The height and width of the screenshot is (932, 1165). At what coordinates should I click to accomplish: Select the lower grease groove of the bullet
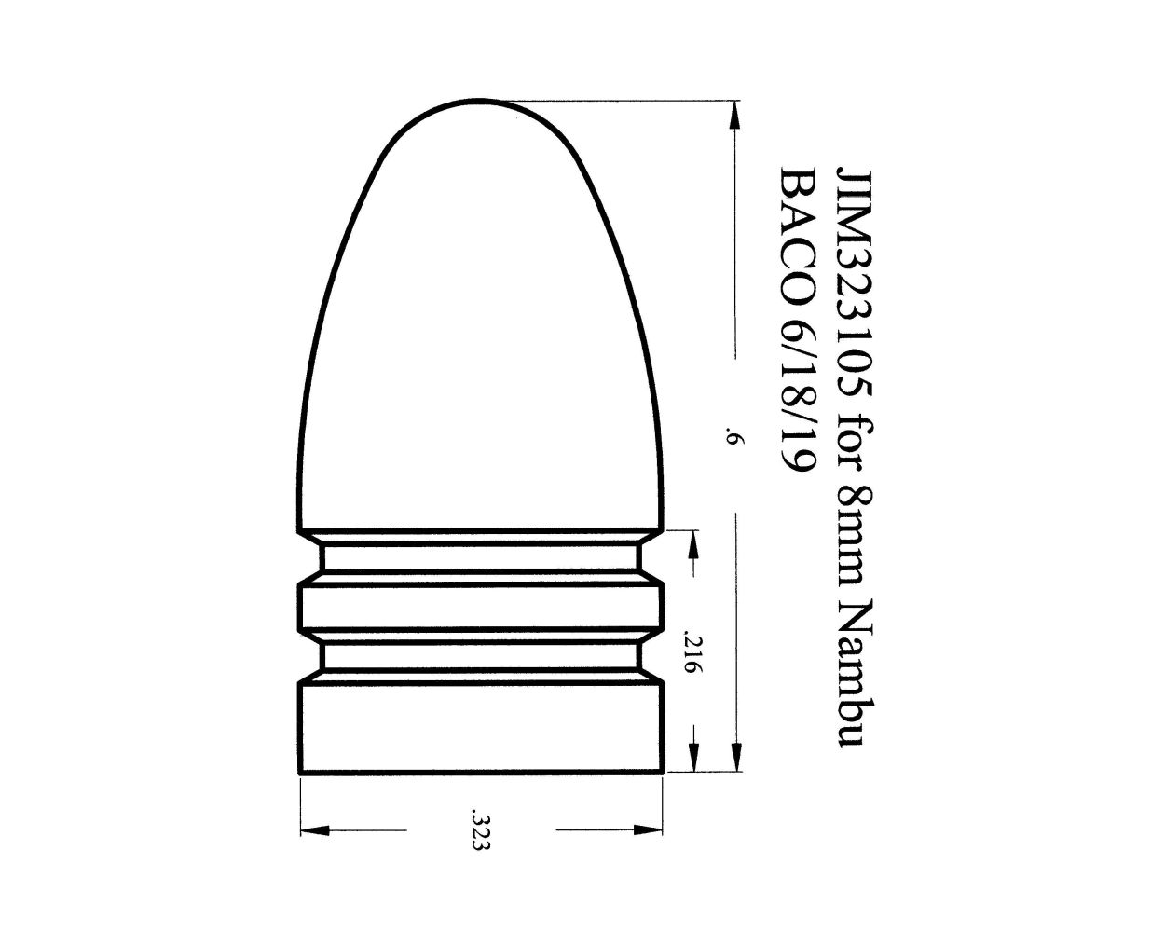point(481,658)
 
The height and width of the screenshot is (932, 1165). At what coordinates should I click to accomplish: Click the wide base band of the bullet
point(481,728)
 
